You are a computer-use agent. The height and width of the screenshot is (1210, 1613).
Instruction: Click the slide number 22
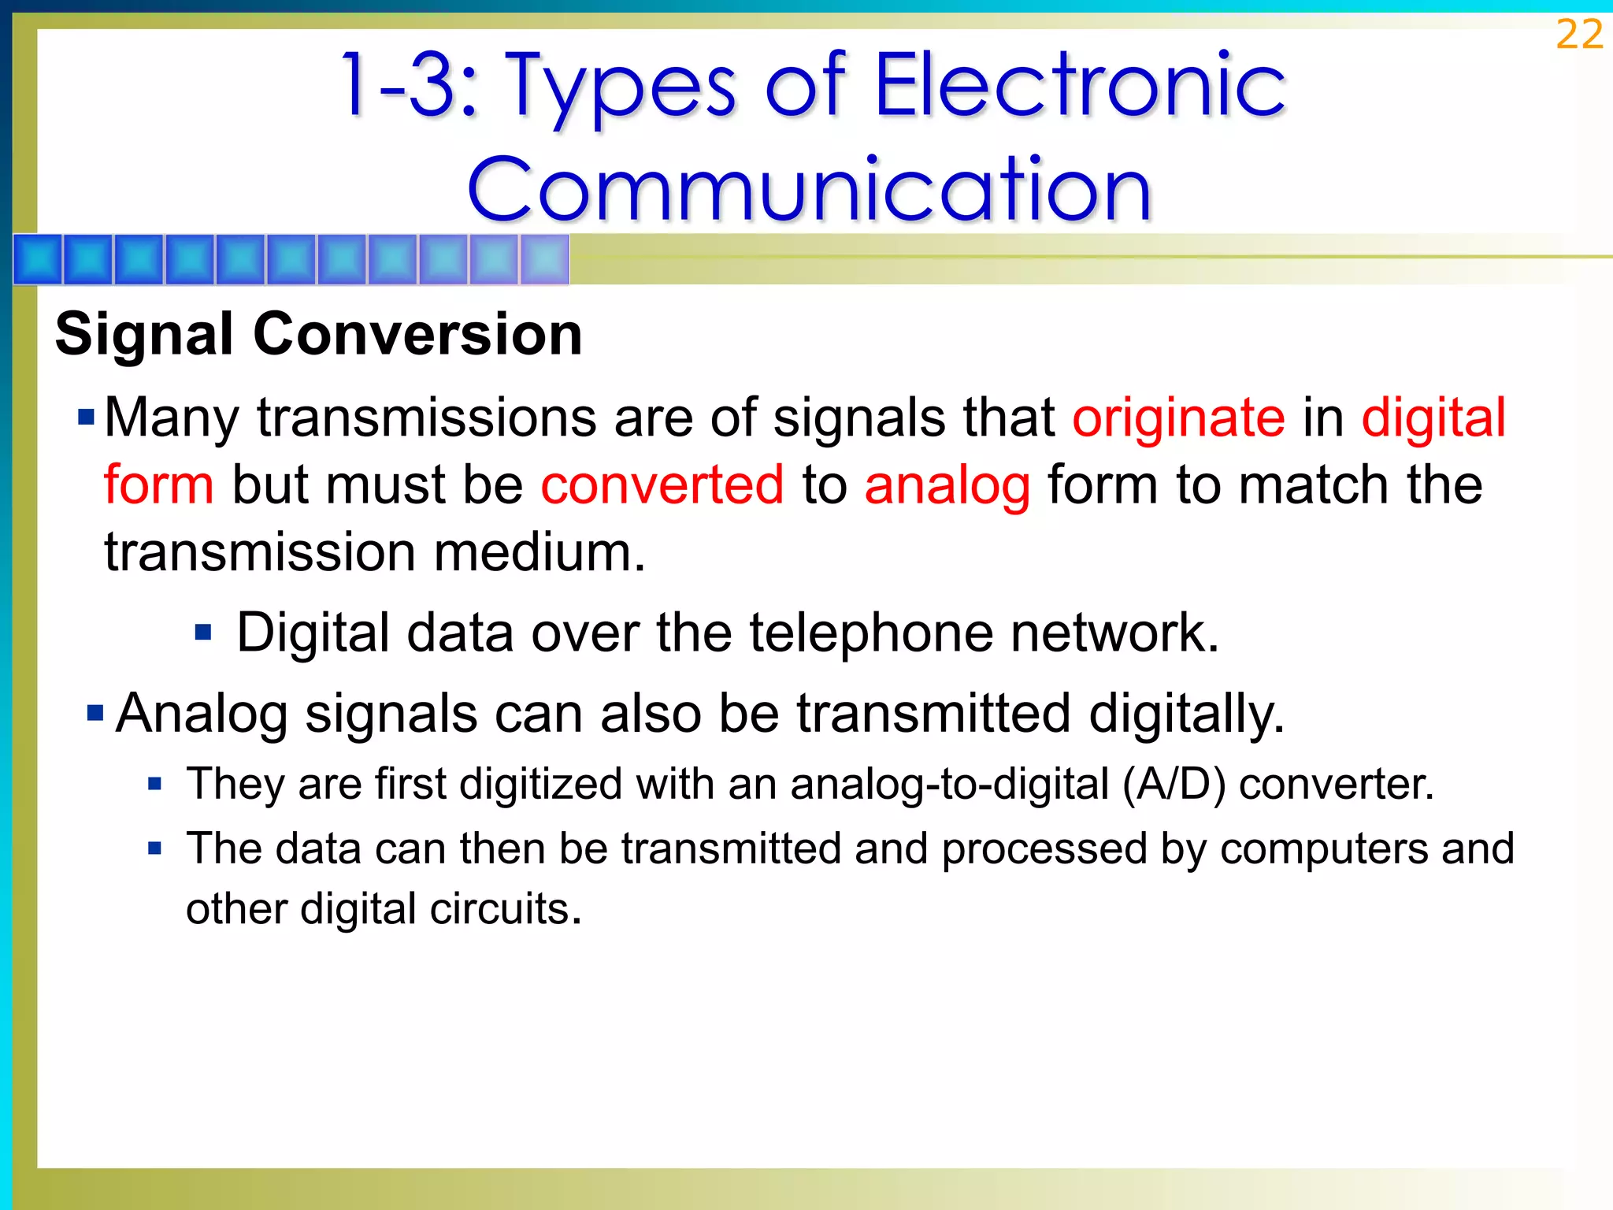(1579, 35)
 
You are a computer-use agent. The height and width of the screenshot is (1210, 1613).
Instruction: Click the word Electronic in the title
(1079, 85)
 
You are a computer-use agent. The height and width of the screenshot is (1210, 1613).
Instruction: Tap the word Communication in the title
(810, 189)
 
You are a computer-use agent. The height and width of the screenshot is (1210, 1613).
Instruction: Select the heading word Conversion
(417, 334)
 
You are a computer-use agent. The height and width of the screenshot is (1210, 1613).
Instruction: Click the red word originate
(1178, 417)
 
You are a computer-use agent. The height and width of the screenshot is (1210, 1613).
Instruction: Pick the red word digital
(1433, 417)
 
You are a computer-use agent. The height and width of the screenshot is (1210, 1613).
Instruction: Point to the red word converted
(662, 484)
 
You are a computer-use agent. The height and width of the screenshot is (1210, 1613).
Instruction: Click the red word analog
(947, 485)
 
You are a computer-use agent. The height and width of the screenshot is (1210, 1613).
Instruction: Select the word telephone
(870, 633)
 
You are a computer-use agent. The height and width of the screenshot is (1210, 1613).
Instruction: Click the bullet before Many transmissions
(87, 416)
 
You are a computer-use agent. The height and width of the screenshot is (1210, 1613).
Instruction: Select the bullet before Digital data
(203, 632)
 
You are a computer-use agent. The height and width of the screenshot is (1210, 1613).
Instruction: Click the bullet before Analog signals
(95, 714)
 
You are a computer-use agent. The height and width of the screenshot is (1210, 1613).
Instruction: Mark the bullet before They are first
(155, 784)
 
